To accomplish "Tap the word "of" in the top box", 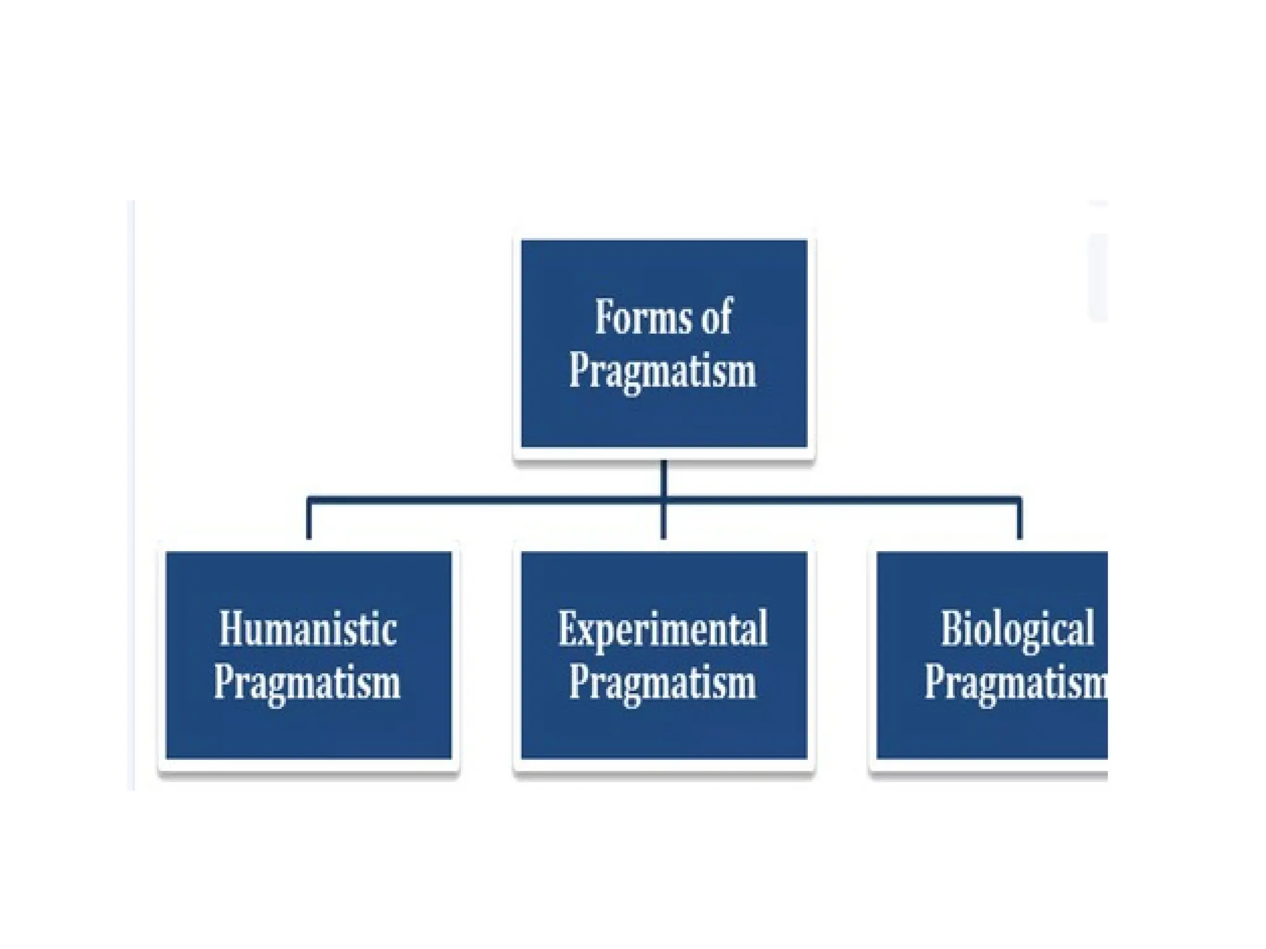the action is (x=716, y=317).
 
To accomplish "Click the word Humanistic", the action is (x=308, y=630).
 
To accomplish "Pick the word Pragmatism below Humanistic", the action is (x=307, y=683).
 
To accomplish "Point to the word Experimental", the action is (x=663, y=630).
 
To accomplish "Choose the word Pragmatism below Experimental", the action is (x=663, y=683).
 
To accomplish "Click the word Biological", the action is (x=1017, y=630).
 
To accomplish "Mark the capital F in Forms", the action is (x=604, y=318).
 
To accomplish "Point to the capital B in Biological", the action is (x=951, y=630).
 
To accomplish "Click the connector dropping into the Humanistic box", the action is (x=308, y=519).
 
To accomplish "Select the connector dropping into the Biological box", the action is (x=1019, y=519).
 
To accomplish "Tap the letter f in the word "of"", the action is (x=726, y=316).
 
